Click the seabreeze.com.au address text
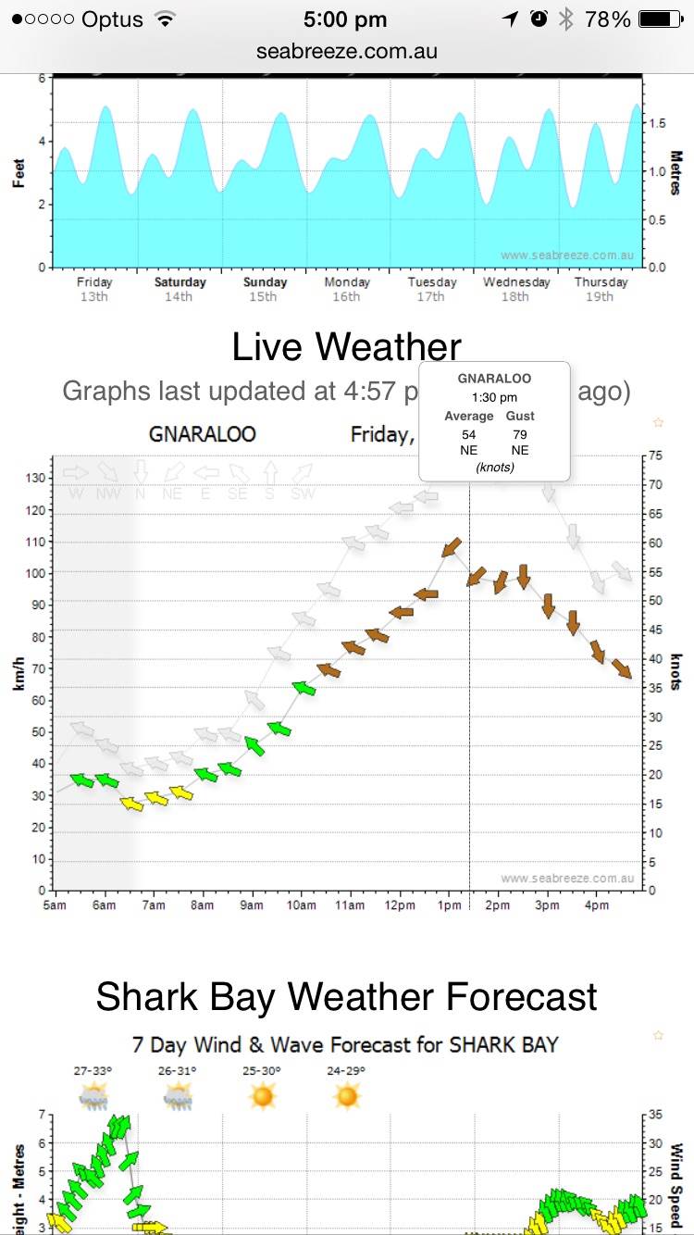tap(347, 52)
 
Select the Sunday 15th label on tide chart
tap(265, 289)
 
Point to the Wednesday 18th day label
tap(516, 289)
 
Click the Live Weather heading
tap(346, 347)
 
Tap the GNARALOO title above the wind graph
tap(203, 433)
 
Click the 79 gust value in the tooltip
tap(520, 433)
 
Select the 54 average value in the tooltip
tap(468, 433)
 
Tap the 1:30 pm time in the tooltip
tap(494, 397)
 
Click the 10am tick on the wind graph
tap(302, 904)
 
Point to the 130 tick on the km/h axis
tap(35, 478)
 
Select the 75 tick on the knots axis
tap(655, 455)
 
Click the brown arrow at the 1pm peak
tap(452, 547)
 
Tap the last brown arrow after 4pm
tap(621, 668)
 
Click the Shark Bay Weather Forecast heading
tap(346, 997)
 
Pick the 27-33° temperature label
tap(93, 1071)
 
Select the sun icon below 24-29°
tap(347, 1097)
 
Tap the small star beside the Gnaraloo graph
tap(659, 422)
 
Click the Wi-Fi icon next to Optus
tap(167, 19)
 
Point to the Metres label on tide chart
tap(675, 173)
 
